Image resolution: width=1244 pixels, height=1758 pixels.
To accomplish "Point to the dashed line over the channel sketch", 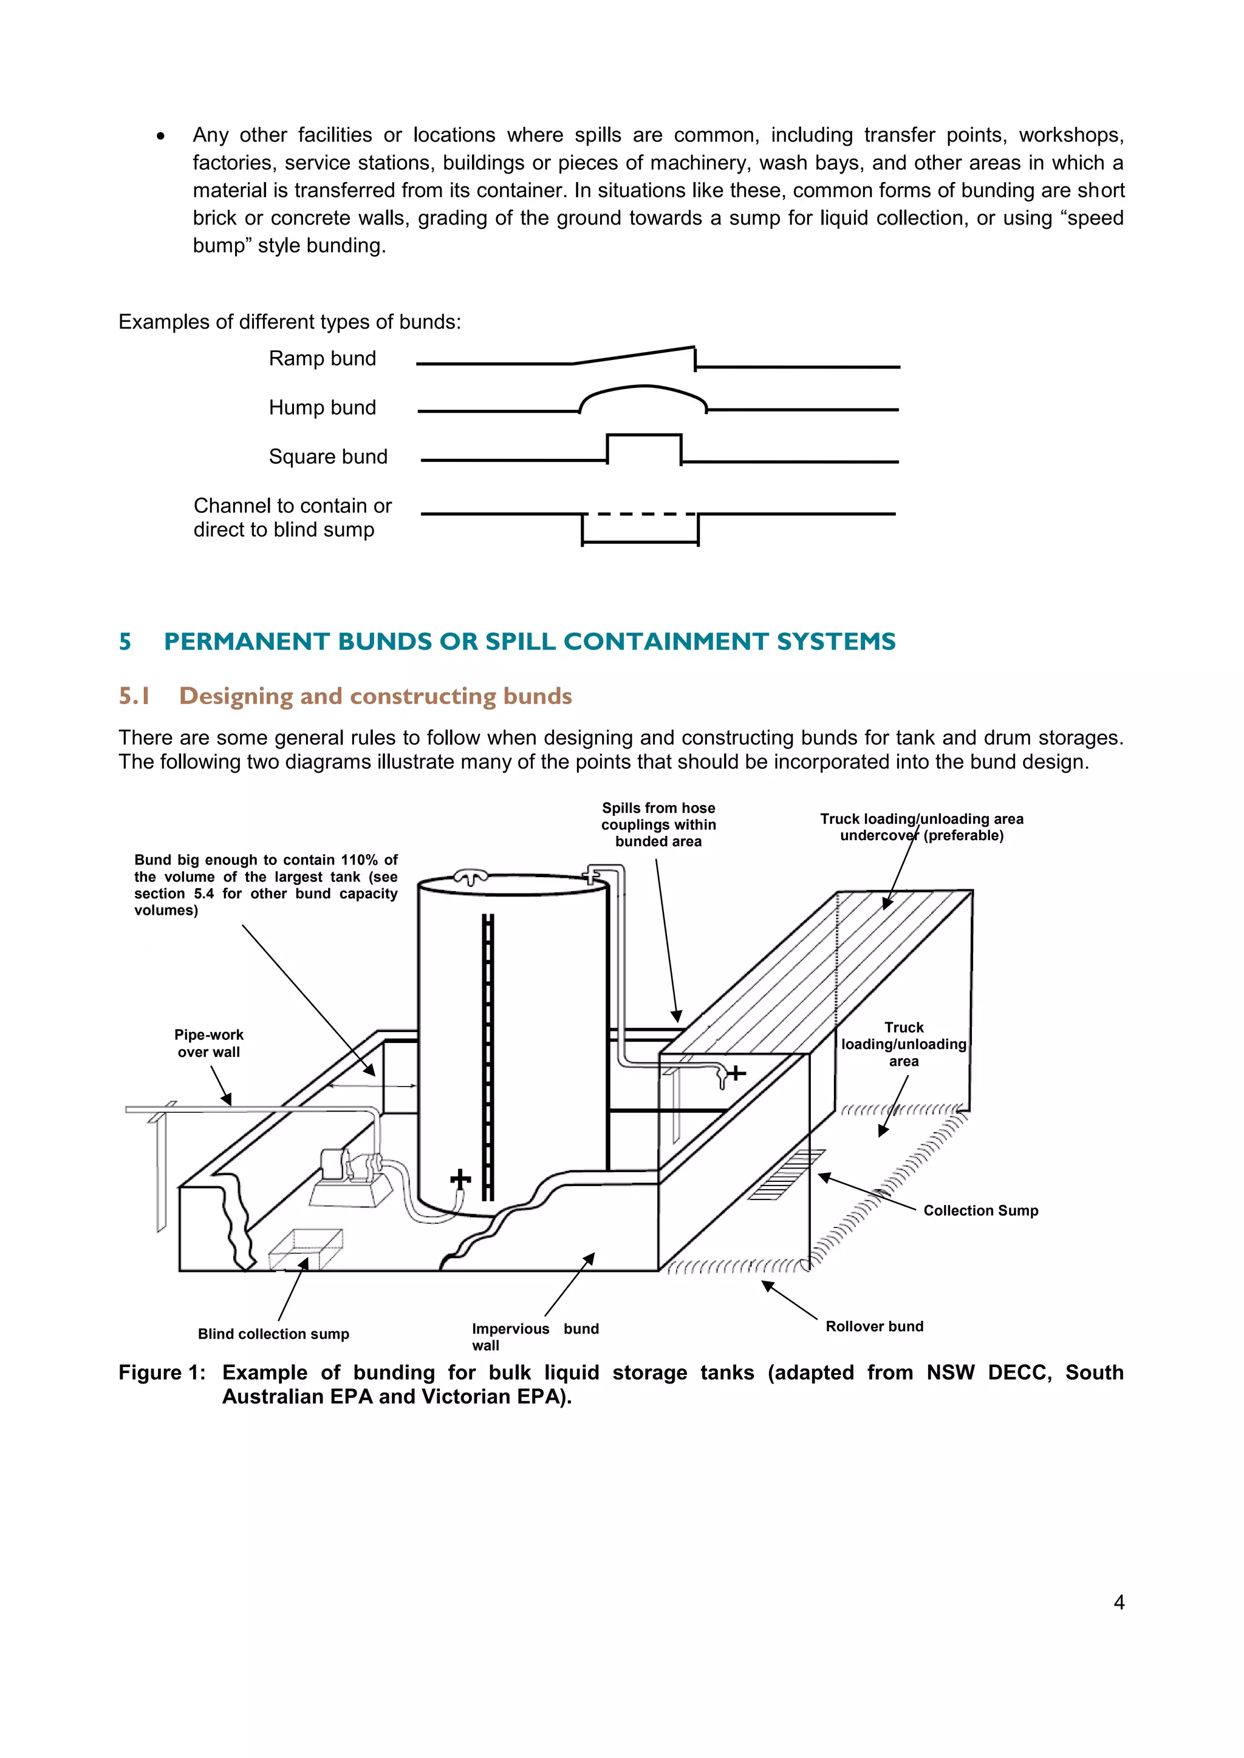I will point(640,514).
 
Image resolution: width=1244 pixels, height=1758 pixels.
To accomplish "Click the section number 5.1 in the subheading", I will point(134,696).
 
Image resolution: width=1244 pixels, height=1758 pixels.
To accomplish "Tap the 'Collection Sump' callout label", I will point(980,1210).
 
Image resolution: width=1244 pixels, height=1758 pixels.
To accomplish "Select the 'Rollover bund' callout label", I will point(874,1326).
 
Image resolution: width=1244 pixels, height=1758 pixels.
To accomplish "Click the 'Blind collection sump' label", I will point(273,1334).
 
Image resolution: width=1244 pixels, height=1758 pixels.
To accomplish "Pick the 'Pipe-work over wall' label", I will point(208,1043).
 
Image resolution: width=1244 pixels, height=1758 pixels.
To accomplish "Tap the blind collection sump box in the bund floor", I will point(305,1249).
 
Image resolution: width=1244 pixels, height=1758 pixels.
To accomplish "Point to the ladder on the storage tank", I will point(488,1057).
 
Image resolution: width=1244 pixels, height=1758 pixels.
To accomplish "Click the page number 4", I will point(1118,1602).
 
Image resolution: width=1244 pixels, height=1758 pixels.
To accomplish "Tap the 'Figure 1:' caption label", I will point(162,1372).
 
